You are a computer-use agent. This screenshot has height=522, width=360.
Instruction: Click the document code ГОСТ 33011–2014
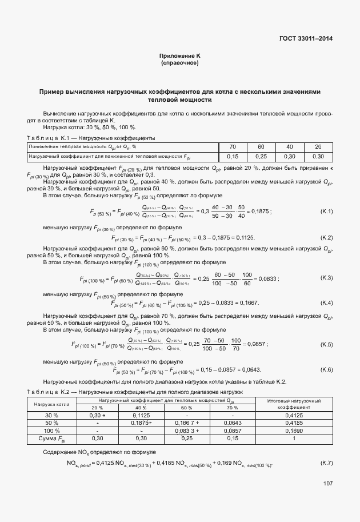pos(306,39)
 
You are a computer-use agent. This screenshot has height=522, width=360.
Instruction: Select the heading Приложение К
pos(180,55)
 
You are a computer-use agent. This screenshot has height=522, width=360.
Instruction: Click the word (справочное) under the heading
pos(180,62)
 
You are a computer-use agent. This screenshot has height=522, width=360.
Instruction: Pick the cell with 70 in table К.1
pos(233,147)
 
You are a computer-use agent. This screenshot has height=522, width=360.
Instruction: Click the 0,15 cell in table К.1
pos(233,156)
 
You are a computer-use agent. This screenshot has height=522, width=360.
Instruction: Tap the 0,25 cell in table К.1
pos(261,156)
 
